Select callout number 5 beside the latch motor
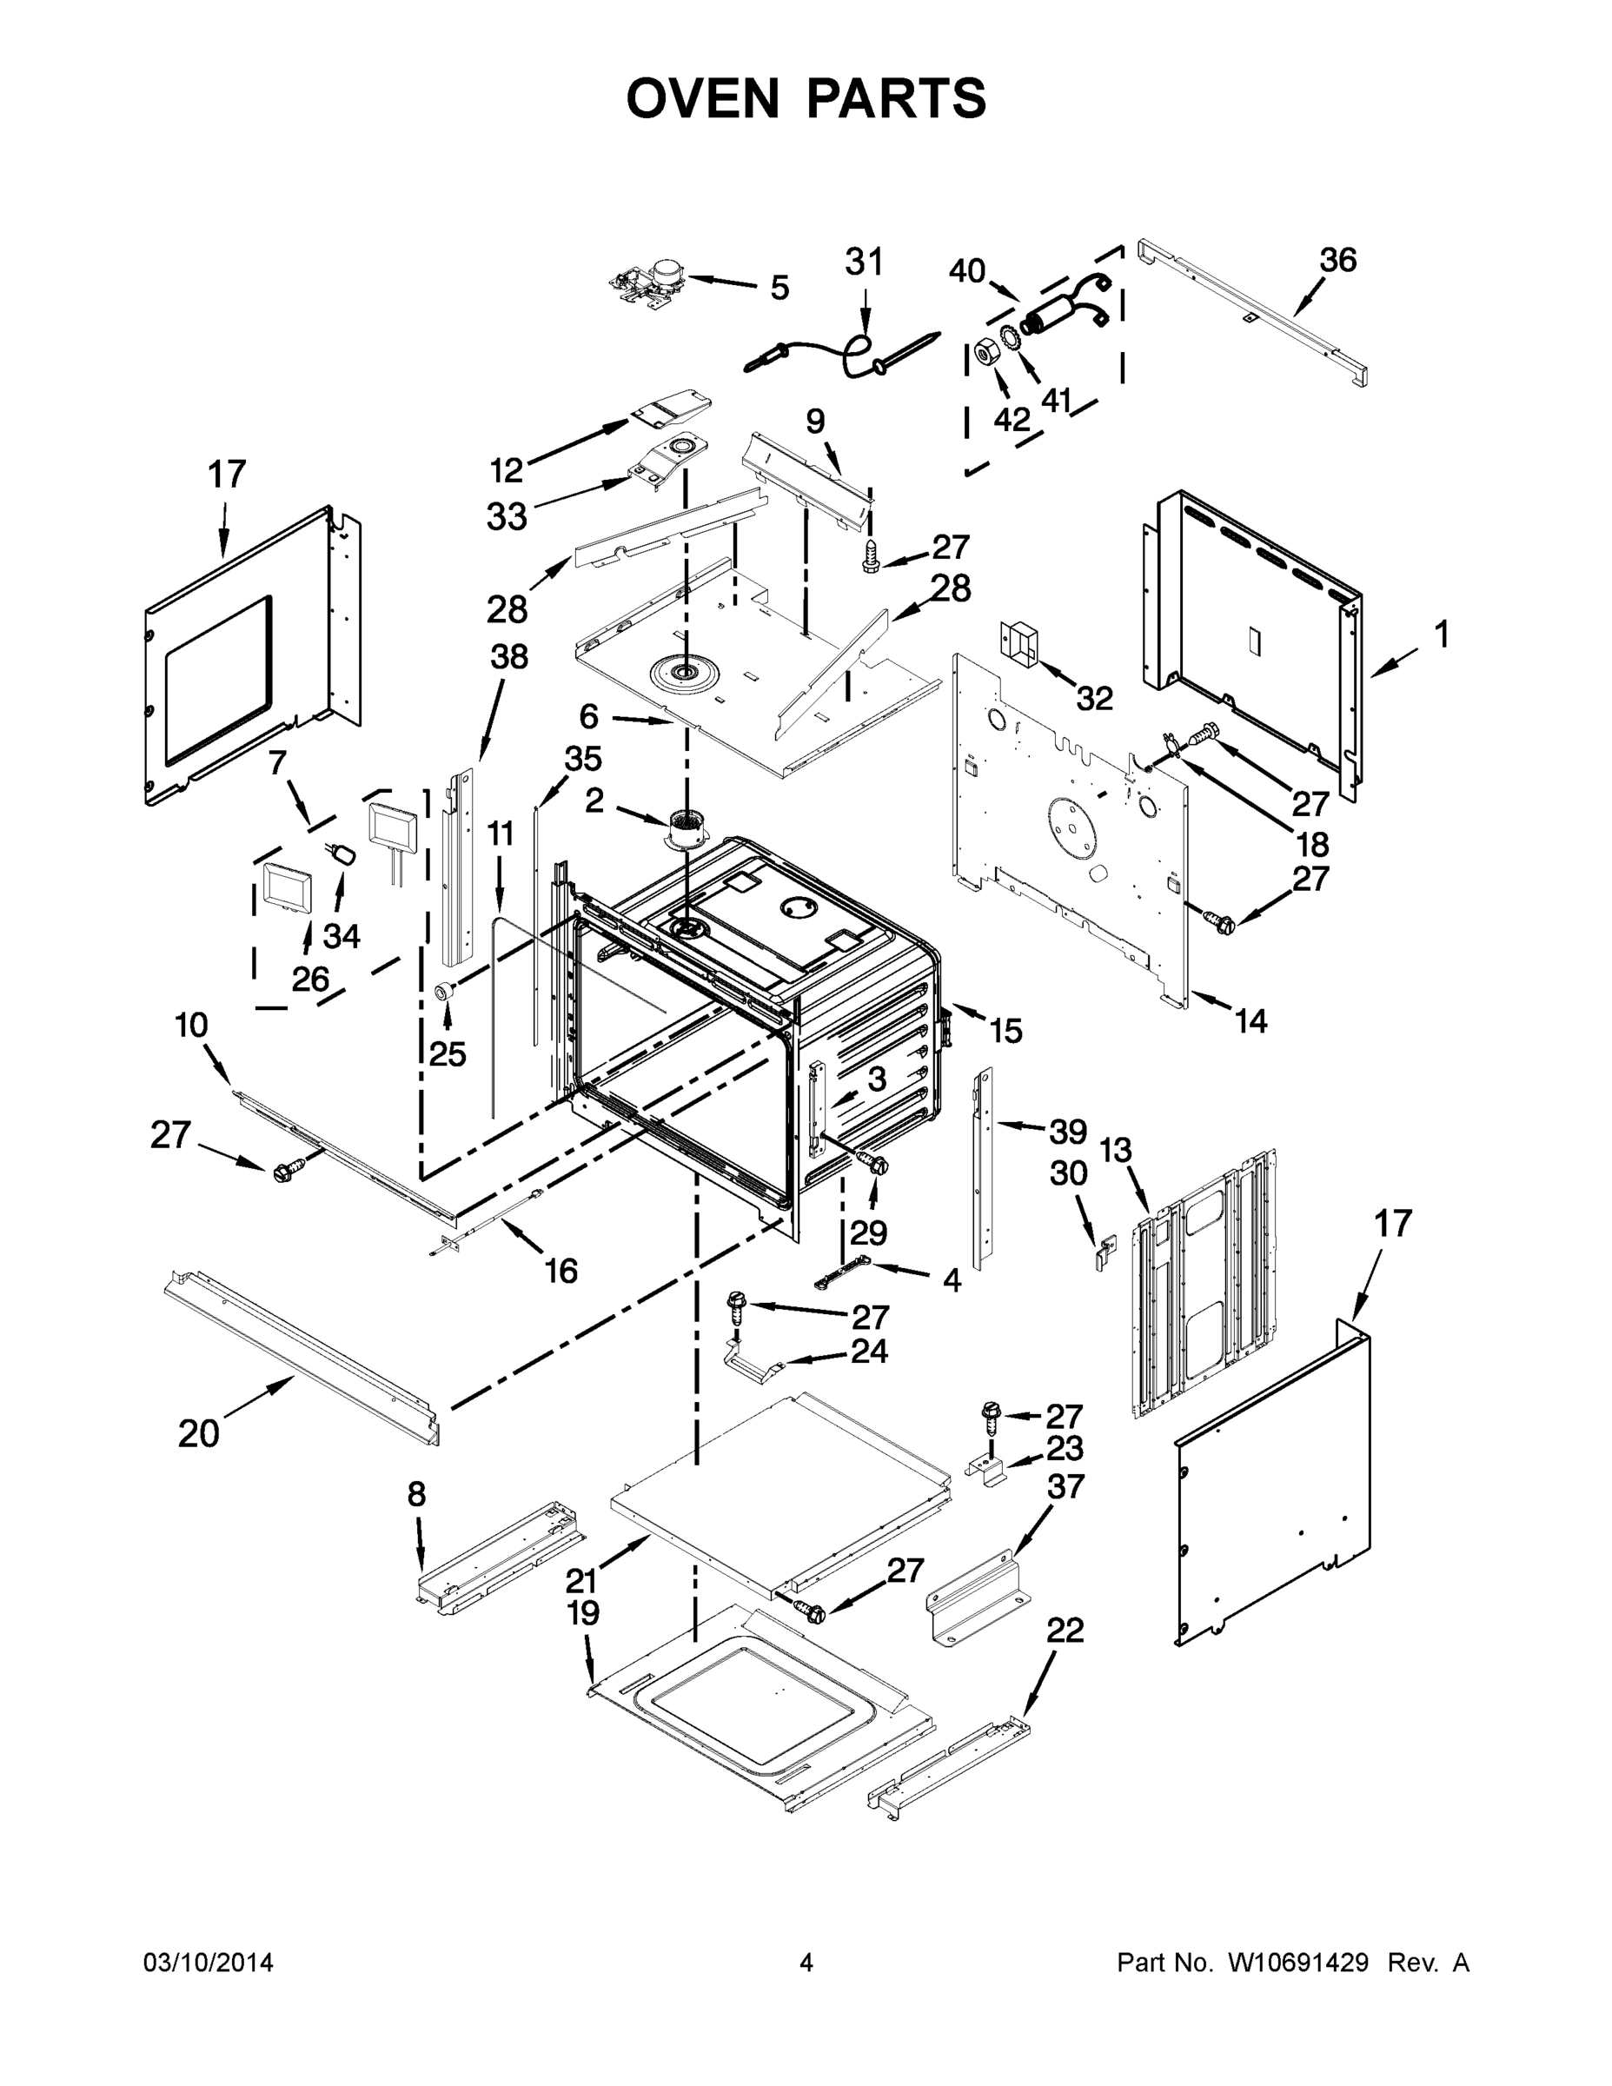point(779,289)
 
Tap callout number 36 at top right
point(1338,260)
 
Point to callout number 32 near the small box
point(1094,699)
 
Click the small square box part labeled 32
point(1018,639)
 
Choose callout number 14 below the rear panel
point(1250,1021)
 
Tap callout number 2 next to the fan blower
point(594,801)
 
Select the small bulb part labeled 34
point(344,852)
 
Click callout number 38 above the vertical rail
point(509,657)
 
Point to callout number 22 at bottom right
point(1065,1631)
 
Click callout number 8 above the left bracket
point(416,1494)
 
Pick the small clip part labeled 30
point(1104,1252)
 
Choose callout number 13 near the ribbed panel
point(1116,1151)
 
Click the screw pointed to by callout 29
point(872,1163)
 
